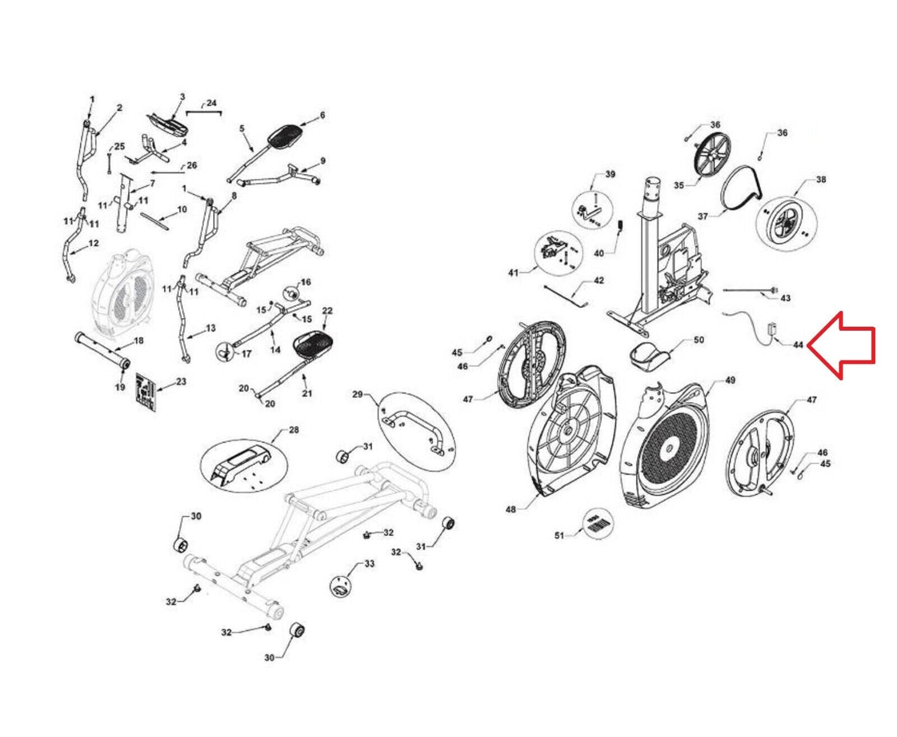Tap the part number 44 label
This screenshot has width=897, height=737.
[x=798, y=345]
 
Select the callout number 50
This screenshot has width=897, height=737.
[x=699, y=340]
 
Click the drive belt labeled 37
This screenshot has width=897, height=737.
[x=741, y=190]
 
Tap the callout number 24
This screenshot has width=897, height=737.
[x=211, y=103]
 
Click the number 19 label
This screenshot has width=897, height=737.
[x=120, y=387]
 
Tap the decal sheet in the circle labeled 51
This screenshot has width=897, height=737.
[x=599, y=525]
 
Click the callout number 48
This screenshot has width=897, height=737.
[x=511, y=509]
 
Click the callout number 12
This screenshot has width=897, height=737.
[x=94, y=243]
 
